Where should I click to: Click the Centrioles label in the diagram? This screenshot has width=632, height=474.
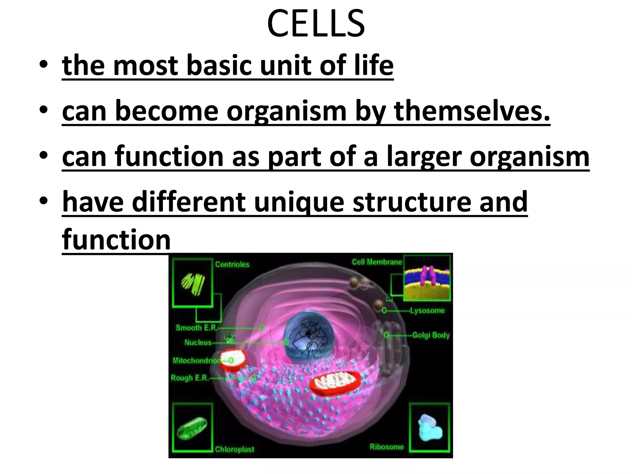pos(232,264)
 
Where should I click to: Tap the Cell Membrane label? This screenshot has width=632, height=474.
pos(376,262)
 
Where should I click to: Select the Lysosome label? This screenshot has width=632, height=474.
pos(427,310)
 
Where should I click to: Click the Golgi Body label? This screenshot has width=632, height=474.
pos(431,335)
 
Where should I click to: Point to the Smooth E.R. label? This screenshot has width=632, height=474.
pos(197,327)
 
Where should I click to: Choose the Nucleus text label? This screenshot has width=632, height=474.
pos(198,342)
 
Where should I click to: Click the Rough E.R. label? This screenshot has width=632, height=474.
pos(189,378)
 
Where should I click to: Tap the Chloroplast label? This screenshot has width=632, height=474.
pos(234,449)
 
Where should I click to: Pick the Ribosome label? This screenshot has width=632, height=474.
pos(387,447)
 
